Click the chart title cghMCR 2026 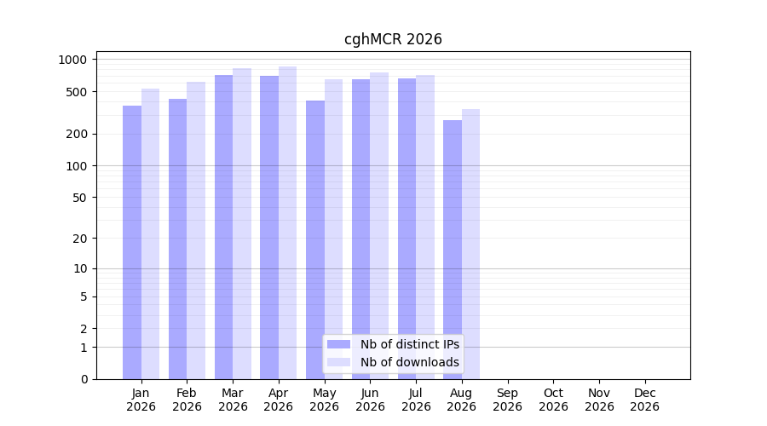pos(393,39)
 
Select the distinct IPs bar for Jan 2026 pos(132,243)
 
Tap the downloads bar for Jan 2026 pos(150,234)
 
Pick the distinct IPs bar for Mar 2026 pos(223,227)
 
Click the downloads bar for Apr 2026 pos(288,223)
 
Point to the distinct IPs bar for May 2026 pos(315,240)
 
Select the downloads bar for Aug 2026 pos(470,245)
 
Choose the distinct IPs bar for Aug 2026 pos(453,250)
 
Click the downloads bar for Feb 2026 pos(196,231)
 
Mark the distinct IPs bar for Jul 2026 pos(407,229)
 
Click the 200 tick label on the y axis pos(77,134)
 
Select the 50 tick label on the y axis pos(80,198)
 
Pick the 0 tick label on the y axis pos(84,379)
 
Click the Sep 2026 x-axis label pos(507,400)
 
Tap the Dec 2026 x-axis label pos(645,400)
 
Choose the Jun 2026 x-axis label pos(370,400)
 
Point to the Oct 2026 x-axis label pos(553,400)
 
